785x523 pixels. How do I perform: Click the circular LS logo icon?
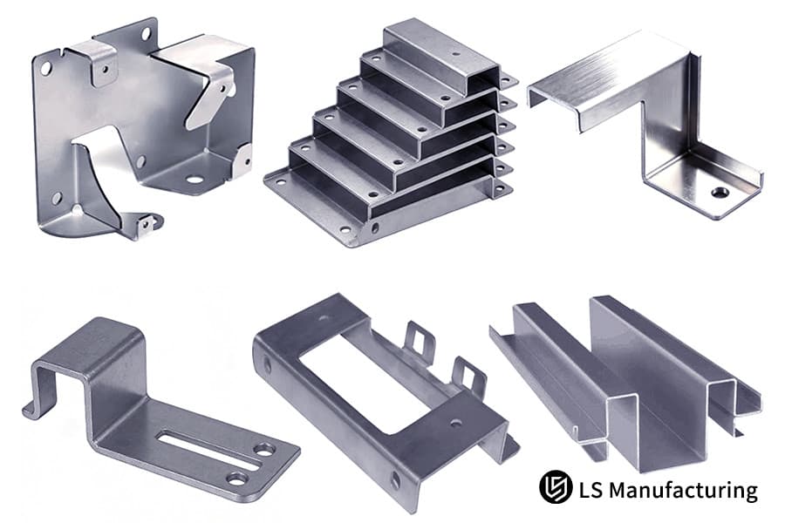coord(556,486)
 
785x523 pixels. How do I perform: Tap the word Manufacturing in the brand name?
coord(684,490)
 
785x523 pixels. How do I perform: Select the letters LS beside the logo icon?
coord(590,490)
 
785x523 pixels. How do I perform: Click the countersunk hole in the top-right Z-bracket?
coord(720,192)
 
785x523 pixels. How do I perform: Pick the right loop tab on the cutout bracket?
coord(468,376)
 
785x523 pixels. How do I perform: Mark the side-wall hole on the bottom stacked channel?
coord(375,228)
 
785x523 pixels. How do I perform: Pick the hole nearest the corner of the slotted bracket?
coord(263,450)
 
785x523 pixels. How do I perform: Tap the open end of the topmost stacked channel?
coord(483,79)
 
